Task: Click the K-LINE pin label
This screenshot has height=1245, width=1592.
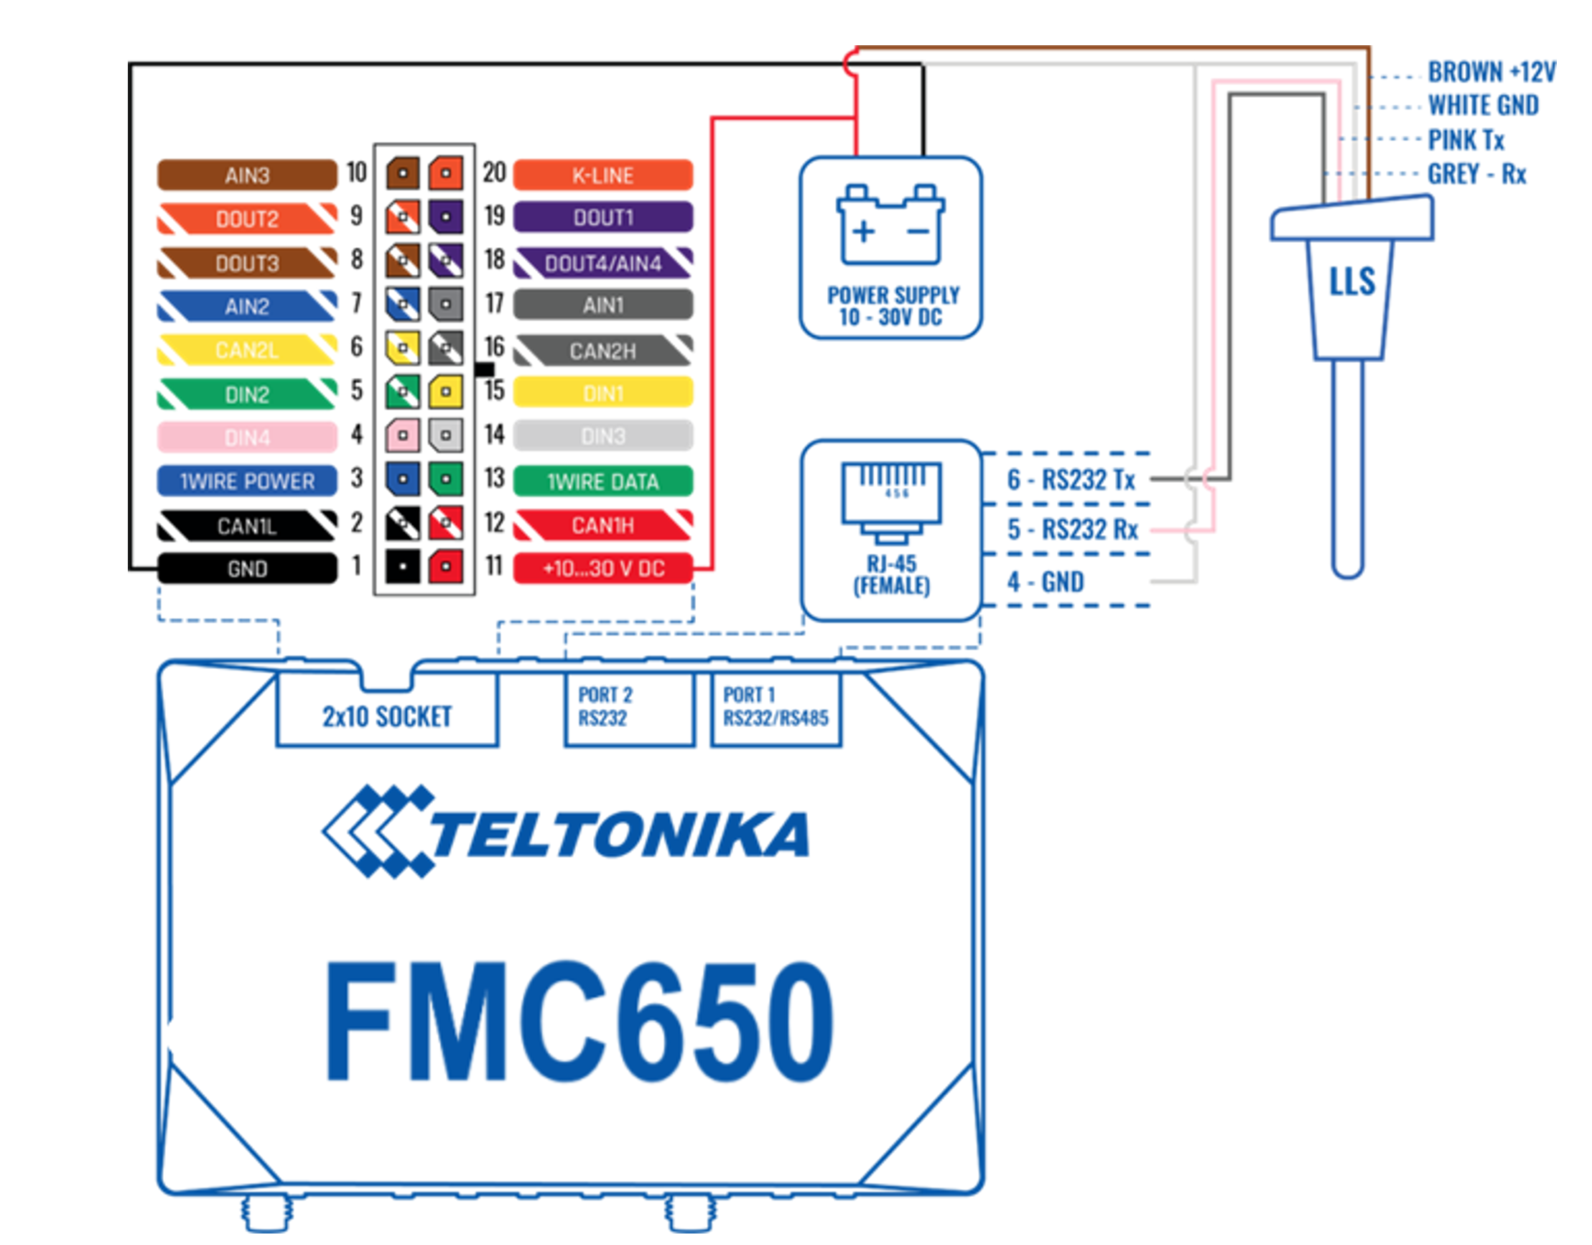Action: point(602,175)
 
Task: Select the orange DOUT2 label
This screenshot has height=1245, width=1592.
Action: point(247,219)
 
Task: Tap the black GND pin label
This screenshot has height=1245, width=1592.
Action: point(247,569)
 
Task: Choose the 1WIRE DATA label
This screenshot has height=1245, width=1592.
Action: point(602,481)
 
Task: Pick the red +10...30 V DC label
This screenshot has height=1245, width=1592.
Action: point(602,568)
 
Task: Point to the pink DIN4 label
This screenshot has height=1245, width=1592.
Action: point(247,438)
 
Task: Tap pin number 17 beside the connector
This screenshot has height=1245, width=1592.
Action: point(494,303)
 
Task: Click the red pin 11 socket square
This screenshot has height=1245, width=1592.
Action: point(445,566)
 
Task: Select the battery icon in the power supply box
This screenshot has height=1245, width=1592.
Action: point(890,225)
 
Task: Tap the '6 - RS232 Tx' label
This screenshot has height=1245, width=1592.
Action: point(1071,480)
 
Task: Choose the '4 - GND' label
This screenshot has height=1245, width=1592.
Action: point(1046,582)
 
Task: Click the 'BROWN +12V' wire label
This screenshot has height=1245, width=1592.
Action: point(1491,73)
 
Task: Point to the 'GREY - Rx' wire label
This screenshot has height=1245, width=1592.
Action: point(1476,175)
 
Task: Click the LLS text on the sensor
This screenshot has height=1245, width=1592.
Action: point(1352,282)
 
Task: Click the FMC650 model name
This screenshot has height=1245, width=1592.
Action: point(579,1022)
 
